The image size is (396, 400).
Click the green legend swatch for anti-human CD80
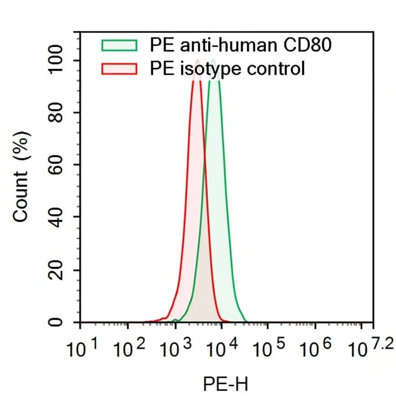pyautogui.click(x=119, y=45)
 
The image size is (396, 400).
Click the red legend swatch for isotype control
pyautogui.click(x=119, y=69)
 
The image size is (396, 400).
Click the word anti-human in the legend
pyautogui.click(x=223, y=45)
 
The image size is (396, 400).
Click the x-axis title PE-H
pyautogui.click(x=226, y=385)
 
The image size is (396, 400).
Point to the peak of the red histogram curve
pyautogui.click(x=197, y=60)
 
